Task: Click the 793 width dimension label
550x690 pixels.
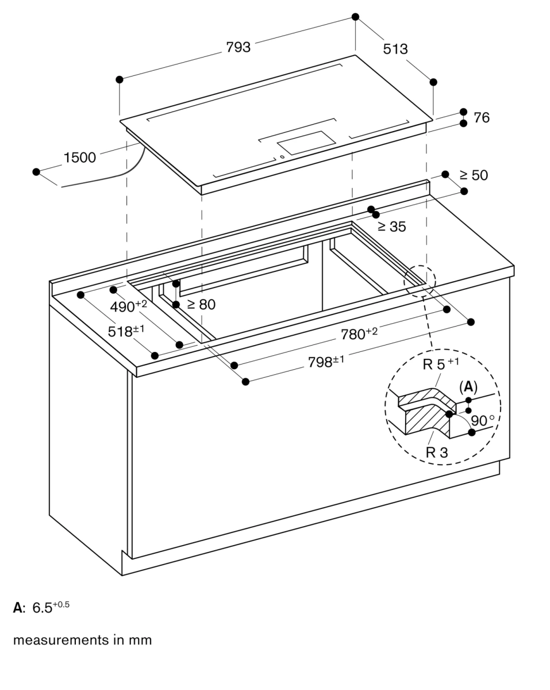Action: coord(238,48)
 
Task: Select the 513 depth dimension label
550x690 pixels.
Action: coord(395,49)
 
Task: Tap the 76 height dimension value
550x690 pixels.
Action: coord(482,118)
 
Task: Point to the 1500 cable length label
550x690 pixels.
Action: coord(80,158)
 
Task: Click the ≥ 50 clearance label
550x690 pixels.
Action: coord(474,175)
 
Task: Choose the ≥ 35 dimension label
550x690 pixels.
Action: coord(391,227)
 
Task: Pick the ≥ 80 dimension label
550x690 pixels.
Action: coord(201,305)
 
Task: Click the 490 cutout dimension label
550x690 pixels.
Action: coord(128,306)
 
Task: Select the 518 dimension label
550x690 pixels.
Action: coord(126,332)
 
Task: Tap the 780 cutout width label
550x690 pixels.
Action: coord(359,334)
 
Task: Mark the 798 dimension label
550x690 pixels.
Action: coord(326,362)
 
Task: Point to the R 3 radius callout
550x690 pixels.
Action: coord(436,453)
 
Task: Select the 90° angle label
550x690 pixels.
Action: coord(482,421)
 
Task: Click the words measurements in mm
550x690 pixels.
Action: coord(82,640)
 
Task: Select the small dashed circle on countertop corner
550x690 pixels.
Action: coord(420,280)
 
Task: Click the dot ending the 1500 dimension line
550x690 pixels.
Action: coord(36,172)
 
